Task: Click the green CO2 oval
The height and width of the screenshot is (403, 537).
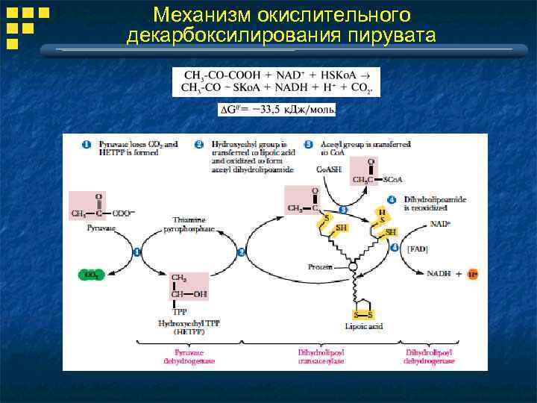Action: pos(91,275)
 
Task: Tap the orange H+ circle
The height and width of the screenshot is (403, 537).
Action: pos(472,274)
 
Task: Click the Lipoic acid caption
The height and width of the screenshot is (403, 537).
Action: pos(365,327)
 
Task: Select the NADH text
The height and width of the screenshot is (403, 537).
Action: pos(440,274)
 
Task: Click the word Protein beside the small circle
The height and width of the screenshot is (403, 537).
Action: pos(320,266)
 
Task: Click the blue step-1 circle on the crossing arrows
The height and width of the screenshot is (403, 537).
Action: pos(137,252)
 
